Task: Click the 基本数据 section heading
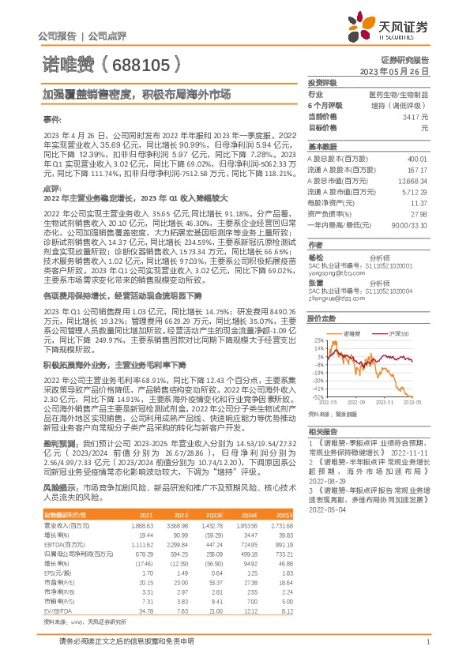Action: click(322, 148)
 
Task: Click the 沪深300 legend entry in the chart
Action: click(403, 335)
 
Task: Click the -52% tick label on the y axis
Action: click(318, 396)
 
